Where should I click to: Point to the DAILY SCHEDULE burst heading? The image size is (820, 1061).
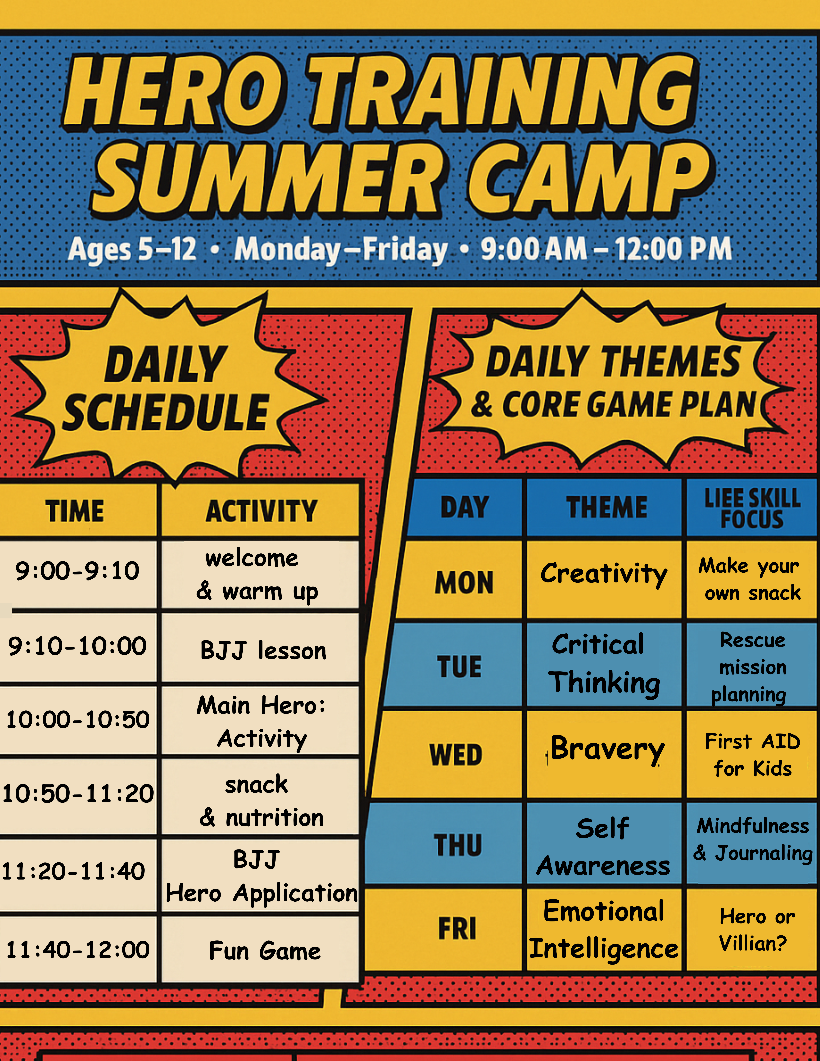165,389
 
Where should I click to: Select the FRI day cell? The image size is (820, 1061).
457,929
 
